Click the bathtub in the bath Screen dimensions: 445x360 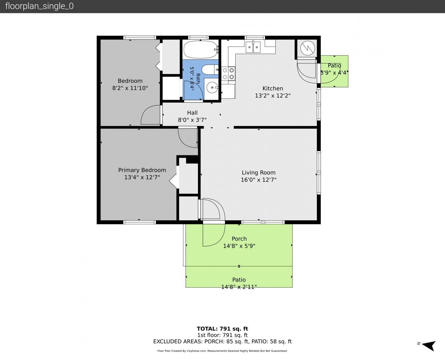click(201, 50)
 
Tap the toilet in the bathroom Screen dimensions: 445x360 click(210, 70)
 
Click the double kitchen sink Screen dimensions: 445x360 click(253, 47)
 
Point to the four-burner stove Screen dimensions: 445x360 click(228, 74)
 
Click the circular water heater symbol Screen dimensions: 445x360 click(308, 48)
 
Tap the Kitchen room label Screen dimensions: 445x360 click(273, 88)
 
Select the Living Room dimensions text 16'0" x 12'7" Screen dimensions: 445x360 click(259, 180)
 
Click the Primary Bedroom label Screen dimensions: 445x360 click(142, 170)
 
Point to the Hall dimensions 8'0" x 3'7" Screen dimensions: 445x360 click(192, 120)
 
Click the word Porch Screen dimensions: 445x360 click(239, 239)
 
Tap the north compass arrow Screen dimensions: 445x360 click(429, 346)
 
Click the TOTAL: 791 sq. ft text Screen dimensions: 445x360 click(223, 329)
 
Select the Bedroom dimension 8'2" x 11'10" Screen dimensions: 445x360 click(130, 88)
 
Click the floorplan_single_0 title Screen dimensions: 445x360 click(39, 6)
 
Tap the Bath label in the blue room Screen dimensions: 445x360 click(198, 79)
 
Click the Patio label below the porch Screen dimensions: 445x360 click(239, 280)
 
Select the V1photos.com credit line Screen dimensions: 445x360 click(222, 351)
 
